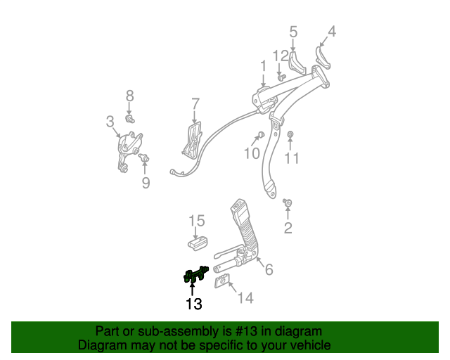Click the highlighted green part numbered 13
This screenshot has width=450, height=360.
[196, 275]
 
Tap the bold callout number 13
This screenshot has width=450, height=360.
[194, 304]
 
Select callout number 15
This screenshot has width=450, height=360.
[197, 221]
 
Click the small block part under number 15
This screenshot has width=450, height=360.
[198, 243]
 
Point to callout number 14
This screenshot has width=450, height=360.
[245, 298]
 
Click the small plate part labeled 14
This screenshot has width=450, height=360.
[222, 281]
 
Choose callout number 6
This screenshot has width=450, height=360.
[269, 269]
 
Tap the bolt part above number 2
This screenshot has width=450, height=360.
[288, 202]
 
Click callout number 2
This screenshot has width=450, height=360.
[288, 228]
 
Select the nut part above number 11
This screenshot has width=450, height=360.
[290, 134]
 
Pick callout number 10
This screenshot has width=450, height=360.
[252, 153]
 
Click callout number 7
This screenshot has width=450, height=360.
[195, 103]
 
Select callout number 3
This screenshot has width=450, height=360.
[110, 122]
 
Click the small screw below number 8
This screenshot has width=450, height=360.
[130, 119]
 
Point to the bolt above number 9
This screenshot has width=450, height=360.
[143, 157]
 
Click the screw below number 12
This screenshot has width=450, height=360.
[281, 77]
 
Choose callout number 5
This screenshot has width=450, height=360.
[293, 32]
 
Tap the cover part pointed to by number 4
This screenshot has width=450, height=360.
[323, 58]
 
